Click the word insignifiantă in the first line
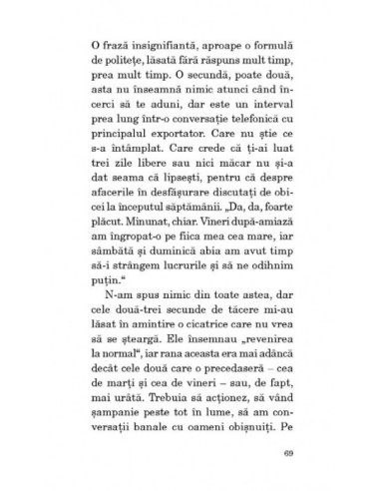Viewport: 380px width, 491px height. click(x=163, y=45)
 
